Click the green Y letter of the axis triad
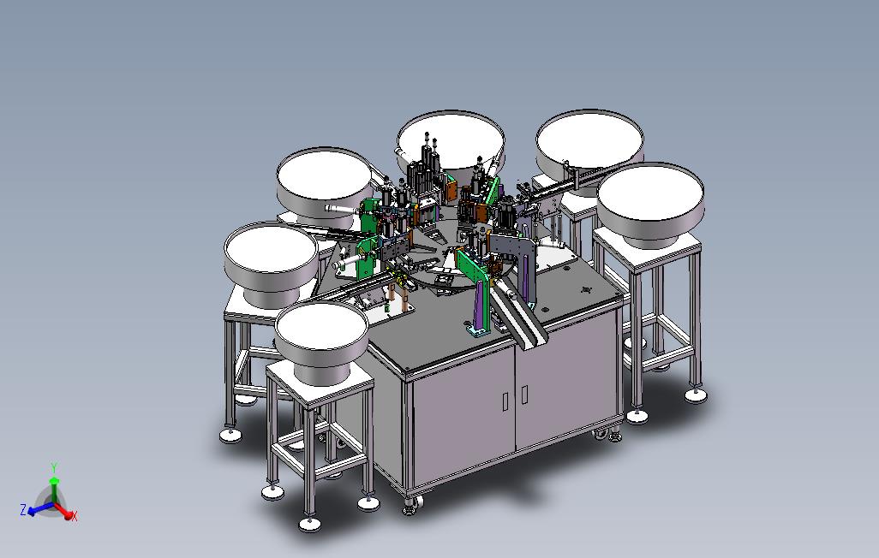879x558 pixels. (x=54, y=468)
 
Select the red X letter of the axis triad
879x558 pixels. (x=75, y=515)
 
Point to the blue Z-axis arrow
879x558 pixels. (x=39, y=509)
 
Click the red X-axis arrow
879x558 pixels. (x=63, y=511)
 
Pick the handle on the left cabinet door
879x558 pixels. (x=505, y=401)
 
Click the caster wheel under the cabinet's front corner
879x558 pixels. (x=411, y=506)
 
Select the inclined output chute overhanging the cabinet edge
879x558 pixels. (x=518, y=317)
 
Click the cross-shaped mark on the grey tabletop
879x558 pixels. (x=587, y=290)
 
